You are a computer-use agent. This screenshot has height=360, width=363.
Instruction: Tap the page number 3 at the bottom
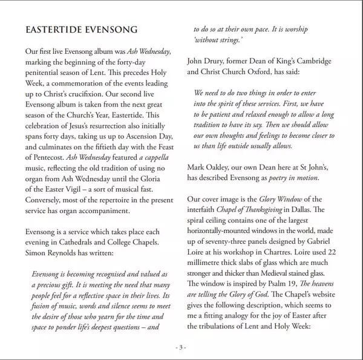coord(181,347)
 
